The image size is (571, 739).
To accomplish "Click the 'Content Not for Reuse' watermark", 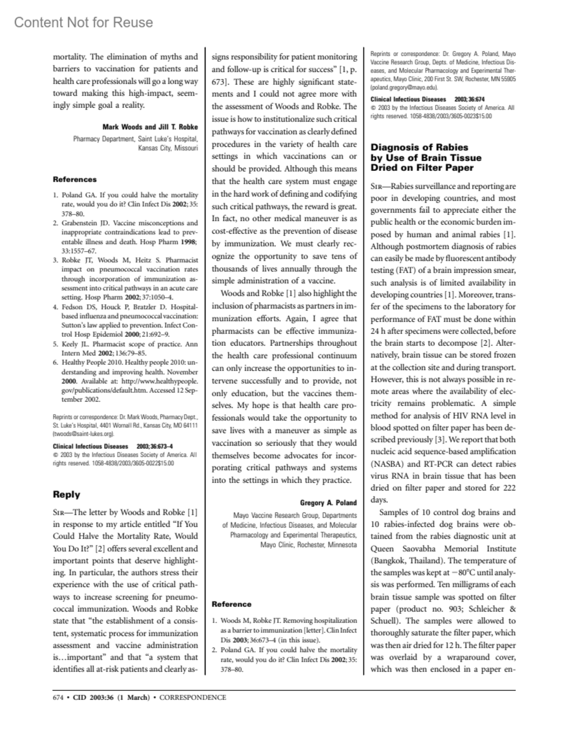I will (84, 22).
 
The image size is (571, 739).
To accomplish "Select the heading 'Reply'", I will (67, 494).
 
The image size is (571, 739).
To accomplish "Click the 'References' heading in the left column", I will (75, 179).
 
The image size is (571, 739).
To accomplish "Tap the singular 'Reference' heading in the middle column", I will (231, 604).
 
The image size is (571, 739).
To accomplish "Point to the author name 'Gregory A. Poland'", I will (328, 503).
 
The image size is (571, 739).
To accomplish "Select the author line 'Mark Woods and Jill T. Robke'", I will (150, 127).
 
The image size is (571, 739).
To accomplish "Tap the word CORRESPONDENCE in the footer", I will (193, 698).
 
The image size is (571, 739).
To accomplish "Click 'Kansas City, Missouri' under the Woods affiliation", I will (167, 148).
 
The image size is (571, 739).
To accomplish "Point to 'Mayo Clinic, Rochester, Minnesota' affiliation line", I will (308, 544).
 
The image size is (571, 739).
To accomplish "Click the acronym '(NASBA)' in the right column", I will (388, 464).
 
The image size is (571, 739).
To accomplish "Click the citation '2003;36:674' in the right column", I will (469, 99).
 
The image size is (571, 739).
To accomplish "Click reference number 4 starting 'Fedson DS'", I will (55, 307).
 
